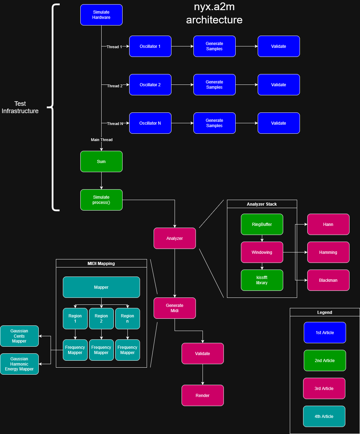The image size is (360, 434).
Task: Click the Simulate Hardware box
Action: pos(101,15)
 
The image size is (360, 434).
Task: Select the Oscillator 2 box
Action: pos(150,85)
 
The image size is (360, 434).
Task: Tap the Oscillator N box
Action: pos(150,123)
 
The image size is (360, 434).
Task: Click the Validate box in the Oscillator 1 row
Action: pos(279,46)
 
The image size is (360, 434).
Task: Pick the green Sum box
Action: pos(101,162)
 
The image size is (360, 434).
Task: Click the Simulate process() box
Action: pos(101,200)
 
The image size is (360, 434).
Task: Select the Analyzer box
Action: pos(175,238)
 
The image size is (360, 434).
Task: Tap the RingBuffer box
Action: pos(262,225)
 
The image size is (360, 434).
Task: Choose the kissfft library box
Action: pos(262,280)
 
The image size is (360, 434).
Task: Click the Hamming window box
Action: pos(328,252)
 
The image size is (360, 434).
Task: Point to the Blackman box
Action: pos(328,280)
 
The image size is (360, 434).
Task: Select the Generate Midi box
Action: pos(175,308)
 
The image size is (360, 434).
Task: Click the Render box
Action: pos(203,396)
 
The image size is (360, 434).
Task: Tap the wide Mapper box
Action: pos(101,287)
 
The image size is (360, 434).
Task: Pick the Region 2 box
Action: pos(101,319)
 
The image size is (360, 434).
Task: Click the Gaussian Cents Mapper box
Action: pos(19,336)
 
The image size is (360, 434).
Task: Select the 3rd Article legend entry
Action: pos(324,389)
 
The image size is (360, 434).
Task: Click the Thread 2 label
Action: pos(115,86)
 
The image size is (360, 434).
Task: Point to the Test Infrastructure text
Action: pos(20,107)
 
